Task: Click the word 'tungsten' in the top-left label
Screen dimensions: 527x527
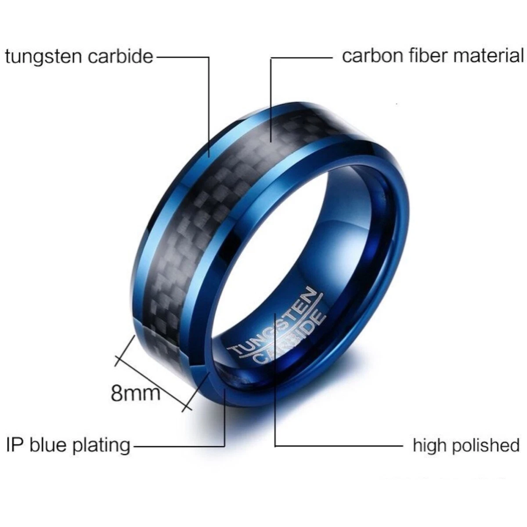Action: pos(42,57)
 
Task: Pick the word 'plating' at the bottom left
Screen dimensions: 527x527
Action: pos(101,445)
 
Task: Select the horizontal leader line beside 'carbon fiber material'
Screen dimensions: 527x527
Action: pos(303,58)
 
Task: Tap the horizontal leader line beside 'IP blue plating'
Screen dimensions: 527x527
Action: pos(178,446)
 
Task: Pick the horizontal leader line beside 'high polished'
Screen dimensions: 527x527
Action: pos(338,446)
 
